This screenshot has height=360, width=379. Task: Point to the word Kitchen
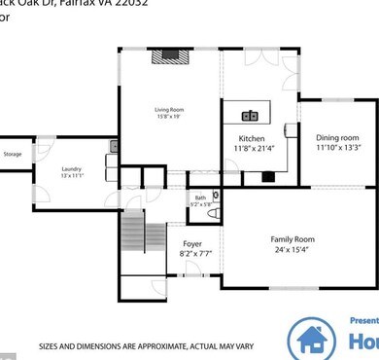click(252, 139)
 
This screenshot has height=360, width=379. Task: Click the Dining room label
click(337, 137)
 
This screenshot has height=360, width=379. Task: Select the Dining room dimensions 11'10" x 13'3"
click(337, 148)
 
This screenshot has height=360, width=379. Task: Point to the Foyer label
click(192, 242)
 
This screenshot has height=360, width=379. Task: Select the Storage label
click(13, 154)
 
